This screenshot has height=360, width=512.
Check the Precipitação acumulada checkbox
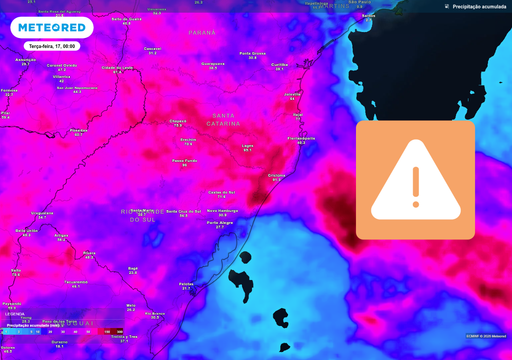(447, 6)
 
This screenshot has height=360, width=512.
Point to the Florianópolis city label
(301, 139)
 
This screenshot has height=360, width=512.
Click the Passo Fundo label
(185, 161)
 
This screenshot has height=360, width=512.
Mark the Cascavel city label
(153, 49)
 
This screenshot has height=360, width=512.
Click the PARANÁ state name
(202, 31)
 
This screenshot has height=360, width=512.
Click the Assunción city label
(26, 60)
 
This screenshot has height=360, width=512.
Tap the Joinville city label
(293, 94)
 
